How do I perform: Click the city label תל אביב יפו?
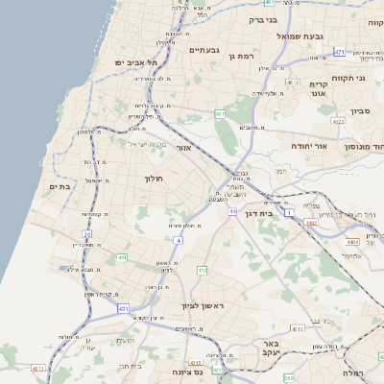(135, 62)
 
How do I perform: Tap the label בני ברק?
(262, 18)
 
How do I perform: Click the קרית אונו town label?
(319, 88)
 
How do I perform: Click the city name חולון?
(156, 179)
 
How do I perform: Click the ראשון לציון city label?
(203, 306)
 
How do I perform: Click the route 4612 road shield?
(293, 83)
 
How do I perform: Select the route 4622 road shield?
(337, 122)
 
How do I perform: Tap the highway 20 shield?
(86, 234)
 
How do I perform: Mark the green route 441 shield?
(122, 257)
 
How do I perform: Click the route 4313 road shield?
(298, 328)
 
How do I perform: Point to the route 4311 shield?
(38, 368)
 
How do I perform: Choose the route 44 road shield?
(232, 211)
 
